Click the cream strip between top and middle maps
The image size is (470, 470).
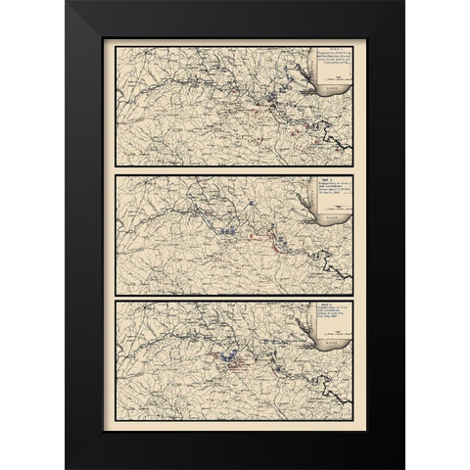pyautogui.click(x=235, y=168)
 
